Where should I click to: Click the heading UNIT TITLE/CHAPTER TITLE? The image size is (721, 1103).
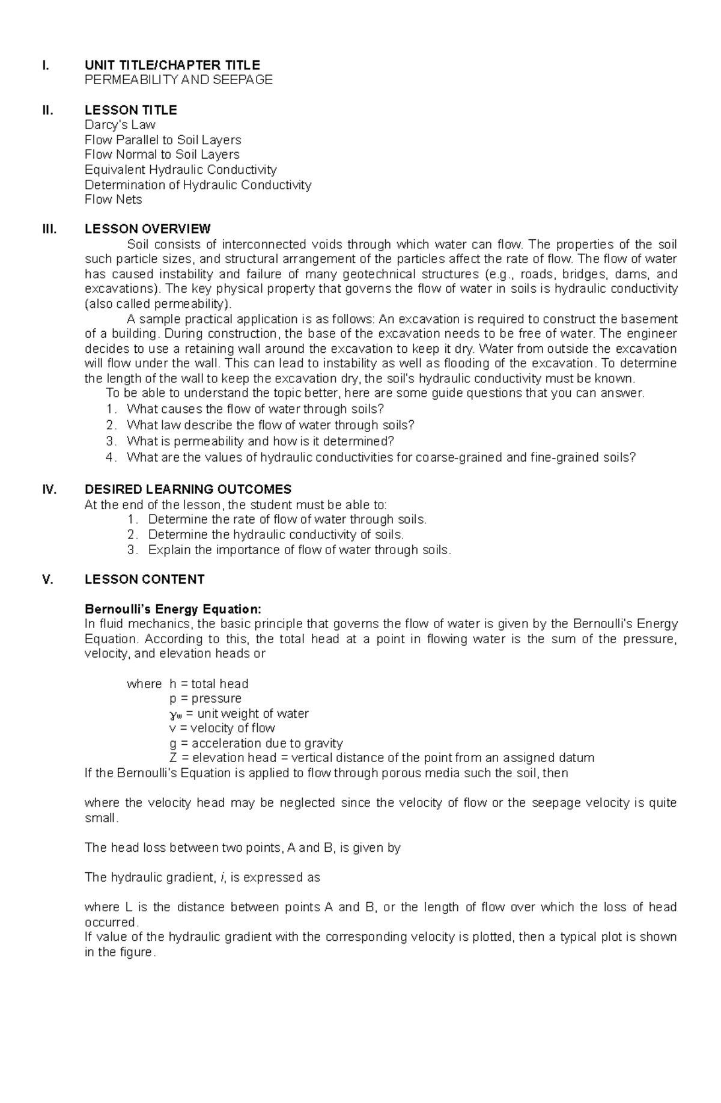172,65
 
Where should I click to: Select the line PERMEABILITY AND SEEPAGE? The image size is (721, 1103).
178,79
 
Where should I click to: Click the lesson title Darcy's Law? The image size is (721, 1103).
120,125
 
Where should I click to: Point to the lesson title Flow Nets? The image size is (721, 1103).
114,200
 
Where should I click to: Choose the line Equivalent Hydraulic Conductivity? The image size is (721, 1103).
181,170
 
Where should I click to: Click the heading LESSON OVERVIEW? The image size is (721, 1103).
148,229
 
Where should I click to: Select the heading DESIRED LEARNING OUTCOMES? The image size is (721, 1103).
188,489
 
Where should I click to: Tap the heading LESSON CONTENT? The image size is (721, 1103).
145,579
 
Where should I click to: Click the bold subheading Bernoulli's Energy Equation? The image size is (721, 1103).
173,609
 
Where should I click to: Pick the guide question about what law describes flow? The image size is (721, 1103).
270,425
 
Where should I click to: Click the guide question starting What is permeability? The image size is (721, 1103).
260,441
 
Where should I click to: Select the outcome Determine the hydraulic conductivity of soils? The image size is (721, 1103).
276,534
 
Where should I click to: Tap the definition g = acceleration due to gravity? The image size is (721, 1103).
257,743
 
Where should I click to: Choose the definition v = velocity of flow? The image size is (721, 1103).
222,728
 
